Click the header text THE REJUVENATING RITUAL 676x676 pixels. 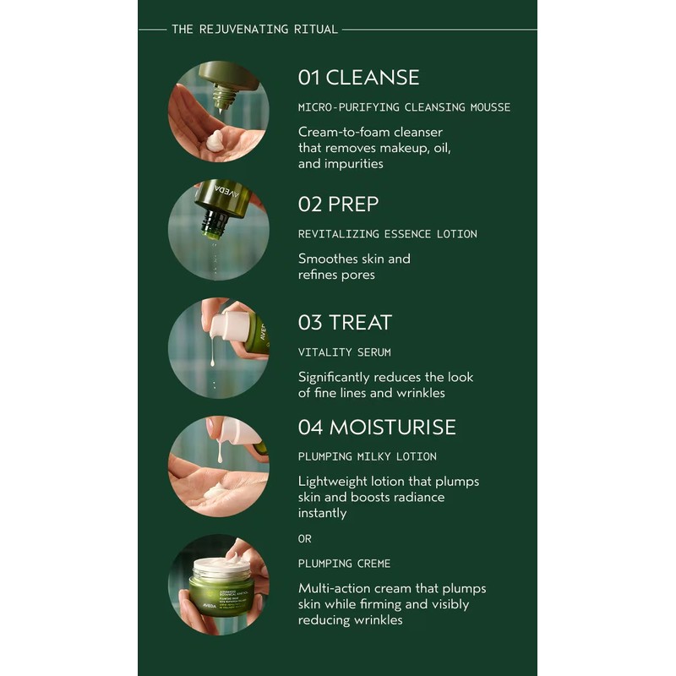[254, 30]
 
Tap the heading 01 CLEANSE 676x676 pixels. [358, 78]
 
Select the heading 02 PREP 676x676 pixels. [338, 204]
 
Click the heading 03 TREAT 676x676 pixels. [345, 323]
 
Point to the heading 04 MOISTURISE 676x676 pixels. [377, 428]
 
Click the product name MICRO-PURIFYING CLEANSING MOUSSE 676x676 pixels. [404, 107]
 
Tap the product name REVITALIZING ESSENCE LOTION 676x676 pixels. [387, 234]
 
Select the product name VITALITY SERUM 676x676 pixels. [344, 352]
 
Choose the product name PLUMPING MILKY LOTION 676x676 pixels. [367, 457]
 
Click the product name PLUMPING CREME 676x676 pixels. [344, 564]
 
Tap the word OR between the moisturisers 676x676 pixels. [305, 538]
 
